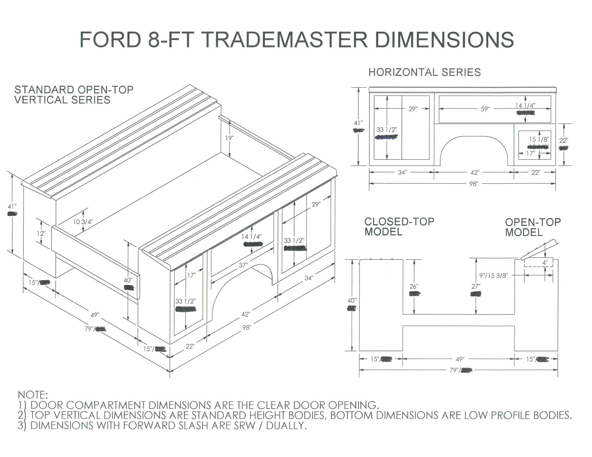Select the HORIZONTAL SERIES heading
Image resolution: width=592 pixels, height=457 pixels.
pos(425,72)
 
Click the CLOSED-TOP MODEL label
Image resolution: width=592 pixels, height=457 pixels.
pos(399,227)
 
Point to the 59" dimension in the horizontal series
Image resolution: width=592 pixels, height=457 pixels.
pos(485,109)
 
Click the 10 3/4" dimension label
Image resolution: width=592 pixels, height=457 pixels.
pos(83,222)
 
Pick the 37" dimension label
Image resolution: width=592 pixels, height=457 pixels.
pos(243,265)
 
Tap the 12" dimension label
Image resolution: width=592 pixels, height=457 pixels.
pos(41,233)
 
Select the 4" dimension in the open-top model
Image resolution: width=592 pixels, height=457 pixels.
pos(545,263)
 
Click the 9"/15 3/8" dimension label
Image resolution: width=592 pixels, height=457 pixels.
pos(493,275)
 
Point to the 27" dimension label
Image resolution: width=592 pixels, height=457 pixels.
pos(476,286)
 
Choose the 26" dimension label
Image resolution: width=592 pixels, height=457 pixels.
pos(414,286)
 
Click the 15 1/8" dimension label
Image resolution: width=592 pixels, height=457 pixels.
pos(539,140)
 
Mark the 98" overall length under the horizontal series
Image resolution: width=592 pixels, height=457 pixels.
pos(474,184)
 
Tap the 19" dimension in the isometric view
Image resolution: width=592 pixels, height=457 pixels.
pos(229,138)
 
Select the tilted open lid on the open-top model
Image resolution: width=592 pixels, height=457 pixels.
pos(540,249)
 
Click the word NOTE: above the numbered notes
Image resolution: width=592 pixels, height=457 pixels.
pos(33,394)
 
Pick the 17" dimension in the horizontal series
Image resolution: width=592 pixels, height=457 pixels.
pos(530,153)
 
